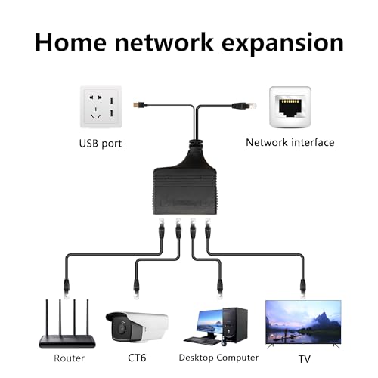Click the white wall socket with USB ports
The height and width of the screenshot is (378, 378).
(x=101, y=107)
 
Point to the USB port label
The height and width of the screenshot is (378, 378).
(x=101, y=142)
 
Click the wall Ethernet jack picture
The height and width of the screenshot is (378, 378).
(x=290, y=107)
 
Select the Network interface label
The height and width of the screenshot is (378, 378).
(x=290, y=142)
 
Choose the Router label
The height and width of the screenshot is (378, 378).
(x=68, y=358)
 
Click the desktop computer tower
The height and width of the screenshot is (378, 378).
(x=231, y=325)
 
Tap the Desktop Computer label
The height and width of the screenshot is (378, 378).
(x=218, y=358)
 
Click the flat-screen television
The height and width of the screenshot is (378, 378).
(x=302, y=324)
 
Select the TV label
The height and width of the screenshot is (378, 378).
(x=305, y=358)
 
